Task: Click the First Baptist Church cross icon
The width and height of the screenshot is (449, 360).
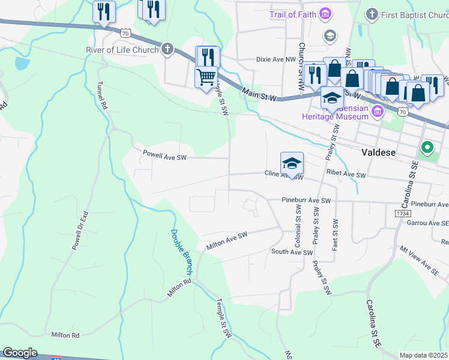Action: (372, 14)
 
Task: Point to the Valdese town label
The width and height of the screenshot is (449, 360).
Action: (379, 152)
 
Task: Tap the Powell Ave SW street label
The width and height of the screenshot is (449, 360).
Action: (165, 155)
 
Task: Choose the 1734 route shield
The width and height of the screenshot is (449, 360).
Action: (402, 213)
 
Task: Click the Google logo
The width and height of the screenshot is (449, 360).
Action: (20, 353)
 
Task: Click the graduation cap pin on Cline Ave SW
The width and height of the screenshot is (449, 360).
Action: (292, 163)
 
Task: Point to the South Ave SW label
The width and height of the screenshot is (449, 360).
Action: (292, 252)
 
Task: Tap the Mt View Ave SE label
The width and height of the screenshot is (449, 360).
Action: (420, 262)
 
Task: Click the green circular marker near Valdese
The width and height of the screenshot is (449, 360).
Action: (427, 146)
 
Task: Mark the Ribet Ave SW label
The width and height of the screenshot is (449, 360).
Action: (346, 175)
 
